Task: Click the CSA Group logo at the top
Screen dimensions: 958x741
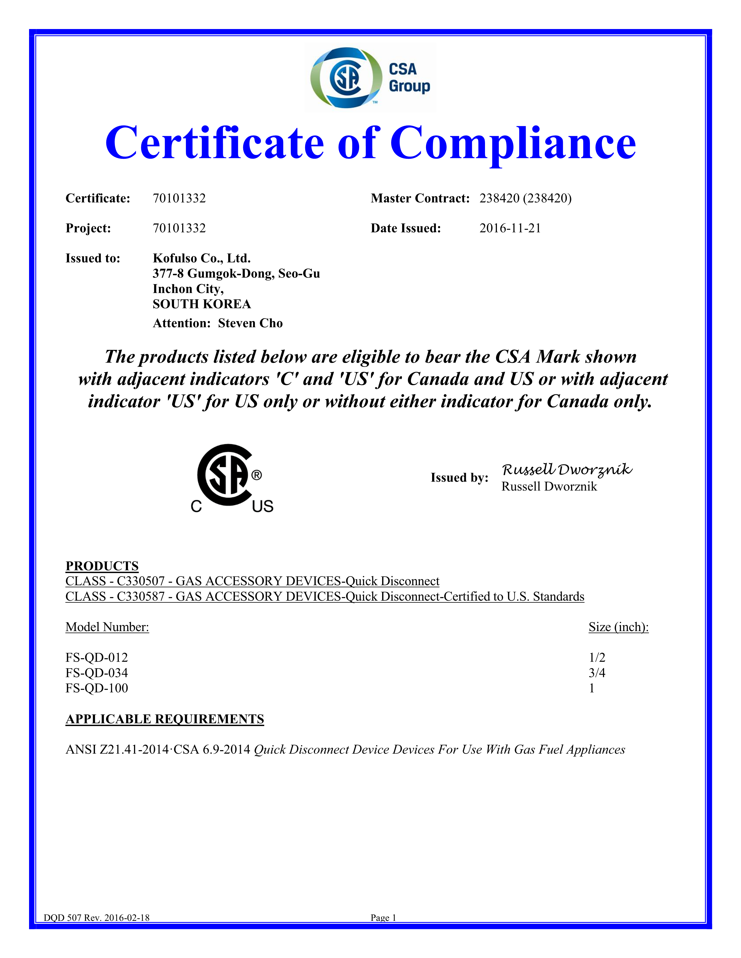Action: pyautogui.click(x=370, y=77)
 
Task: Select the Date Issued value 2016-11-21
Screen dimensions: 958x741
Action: pyautogui.click(x=510, y=228)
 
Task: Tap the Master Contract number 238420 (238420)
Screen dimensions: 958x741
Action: pyautogui.click(x=525, y=198)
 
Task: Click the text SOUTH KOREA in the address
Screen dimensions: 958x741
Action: pyautogui.click(x=201, y=304)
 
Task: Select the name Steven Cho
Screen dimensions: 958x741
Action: pyautogui.click(x=250, y=323)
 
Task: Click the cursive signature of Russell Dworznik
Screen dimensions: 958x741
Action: pyautogui.click(x=566, y=470)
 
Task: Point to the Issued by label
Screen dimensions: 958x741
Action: pyautogui.click(x=459, y=477)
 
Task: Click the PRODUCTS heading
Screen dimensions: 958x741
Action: pyautogui.click(x=102, y=566)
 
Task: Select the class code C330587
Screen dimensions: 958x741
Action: pyautogui.click(x=140, y=597)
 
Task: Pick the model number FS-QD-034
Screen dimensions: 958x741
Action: pyautogui.click(x=96, y=673)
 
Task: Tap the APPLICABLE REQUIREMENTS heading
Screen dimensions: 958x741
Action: pyautogui.click(x=164, y=719)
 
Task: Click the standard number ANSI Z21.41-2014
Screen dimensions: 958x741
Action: pyautogui.click(x=117, y=750)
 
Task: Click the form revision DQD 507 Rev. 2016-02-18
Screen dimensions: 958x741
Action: pyautogui.click(x=96, y=918)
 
